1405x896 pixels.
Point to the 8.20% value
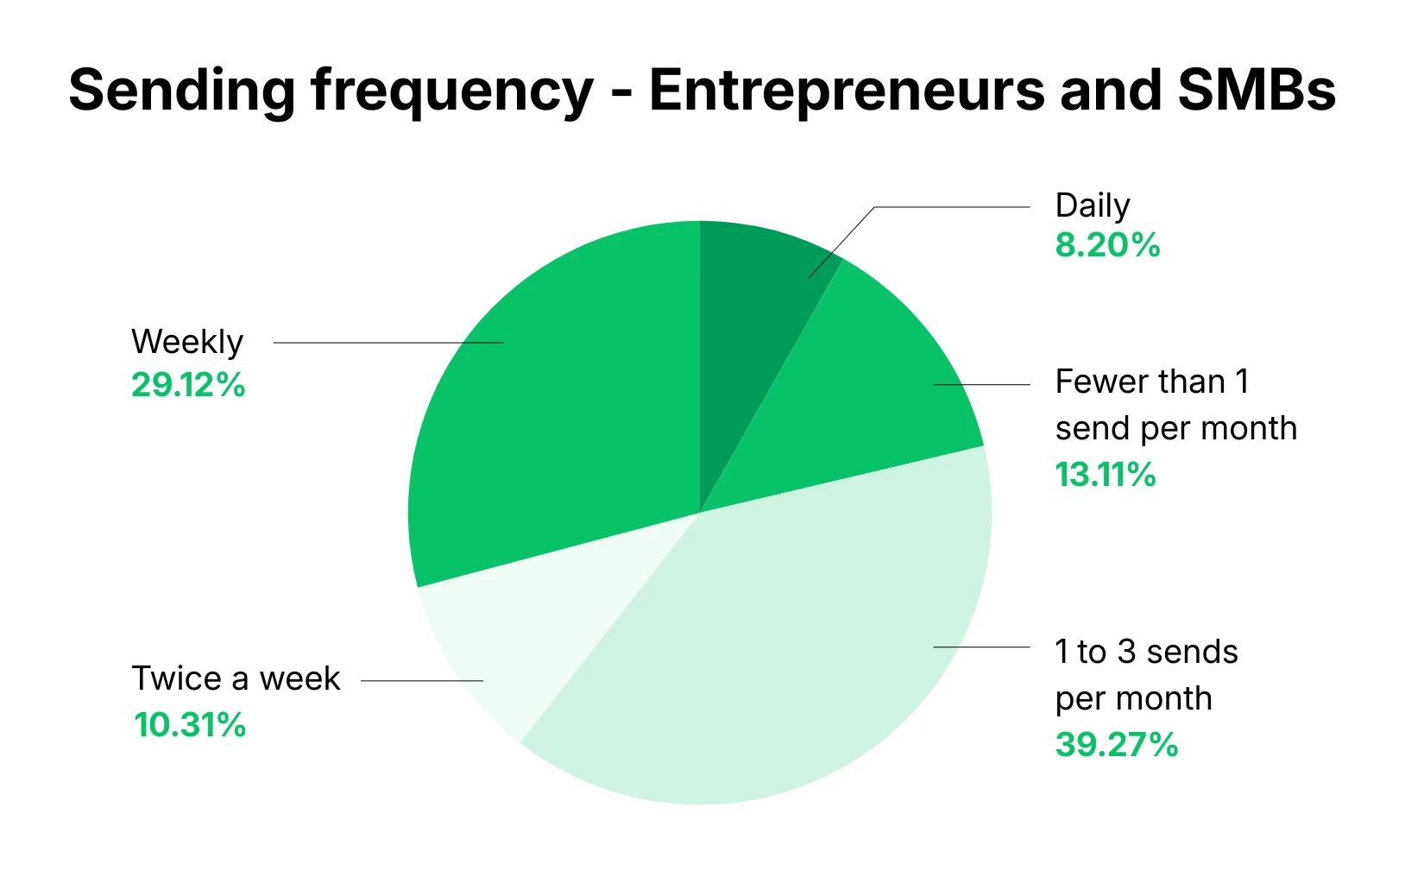point(1107,245)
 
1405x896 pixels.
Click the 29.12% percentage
point(188,385)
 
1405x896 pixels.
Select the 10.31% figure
point(190,725)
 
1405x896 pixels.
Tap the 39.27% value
point(1116,745)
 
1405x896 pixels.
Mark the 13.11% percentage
point(1106,475)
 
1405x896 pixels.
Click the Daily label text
point(1093,206)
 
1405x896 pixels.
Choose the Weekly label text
point(187,342)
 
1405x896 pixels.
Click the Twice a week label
point(236,678)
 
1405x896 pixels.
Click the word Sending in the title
point(181,91)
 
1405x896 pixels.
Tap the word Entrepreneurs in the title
point(845,91)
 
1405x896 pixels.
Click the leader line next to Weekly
point(388,343)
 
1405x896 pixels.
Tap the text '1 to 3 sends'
point(1146,652)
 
